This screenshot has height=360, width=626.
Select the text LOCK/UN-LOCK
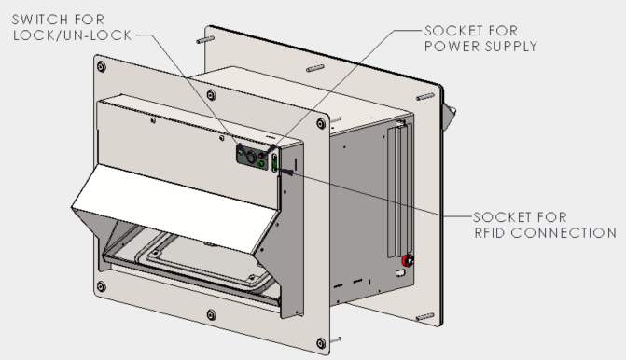tap(72, 35)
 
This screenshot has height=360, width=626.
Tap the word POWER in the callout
tap(451, 47)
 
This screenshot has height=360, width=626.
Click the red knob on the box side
tap(407, 261)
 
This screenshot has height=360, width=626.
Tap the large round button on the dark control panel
tap(251, 157)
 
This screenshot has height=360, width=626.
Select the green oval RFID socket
tap(274, 163)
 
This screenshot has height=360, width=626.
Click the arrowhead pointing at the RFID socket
tap(285, 172)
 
